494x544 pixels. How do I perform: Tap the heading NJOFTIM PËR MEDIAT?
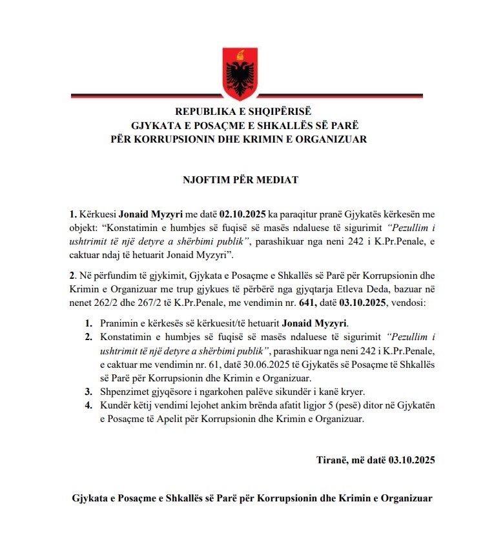click(x=247, y=180)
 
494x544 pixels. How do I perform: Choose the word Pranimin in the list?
click(x=120, y=323)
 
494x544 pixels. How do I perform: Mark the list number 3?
click(x=88, y=392)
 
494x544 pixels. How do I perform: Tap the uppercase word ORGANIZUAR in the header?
click(x=334, y=139)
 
